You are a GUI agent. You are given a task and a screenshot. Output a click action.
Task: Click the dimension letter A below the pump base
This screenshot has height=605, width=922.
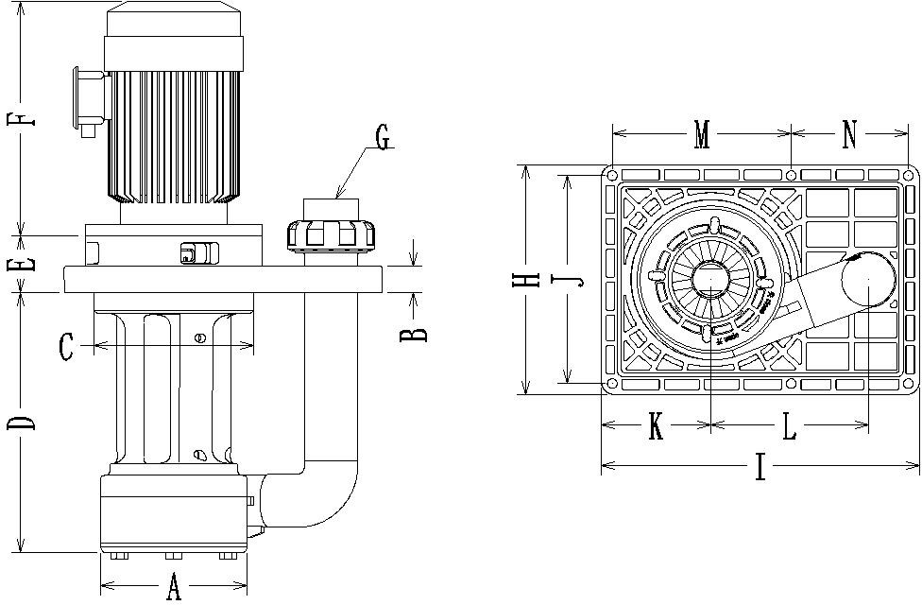point(174,587)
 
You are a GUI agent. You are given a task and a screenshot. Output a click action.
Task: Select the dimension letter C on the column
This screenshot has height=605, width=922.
point(67,347)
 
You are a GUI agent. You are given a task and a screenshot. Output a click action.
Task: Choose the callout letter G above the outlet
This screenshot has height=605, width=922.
point(382,138)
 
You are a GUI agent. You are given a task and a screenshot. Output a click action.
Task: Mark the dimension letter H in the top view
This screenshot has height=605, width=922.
point(532,279)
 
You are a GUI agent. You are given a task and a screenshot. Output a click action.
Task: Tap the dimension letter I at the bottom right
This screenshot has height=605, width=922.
point(760,468)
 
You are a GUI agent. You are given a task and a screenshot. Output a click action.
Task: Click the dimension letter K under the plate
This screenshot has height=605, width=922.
point(655,427)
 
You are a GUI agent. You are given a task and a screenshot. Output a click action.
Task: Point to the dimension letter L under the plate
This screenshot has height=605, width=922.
point(789,427)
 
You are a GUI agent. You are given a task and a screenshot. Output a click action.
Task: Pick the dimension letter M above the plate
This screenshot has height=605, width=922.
point(701,136)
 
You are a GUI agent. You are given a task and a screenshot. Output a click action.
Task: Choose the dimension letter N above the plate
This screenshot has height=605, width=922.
point(849,136)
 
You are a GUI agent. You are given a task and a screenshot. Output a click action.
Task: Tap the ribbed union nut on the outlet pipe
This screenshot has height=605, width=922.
point(332,233)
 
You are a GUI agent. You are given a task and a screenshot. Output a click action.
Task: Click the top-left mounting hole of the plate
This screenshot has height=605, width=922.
point(612,176)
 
